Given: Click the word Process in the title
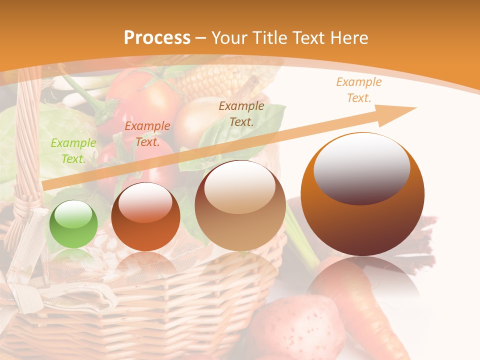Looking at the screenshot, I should [157, 38].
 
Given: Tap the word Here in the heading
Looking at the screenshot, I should [349, 38].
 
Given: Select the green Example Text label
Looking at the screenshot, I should [73, 151].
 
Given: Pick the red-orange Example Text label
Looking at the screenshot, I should [147, 134].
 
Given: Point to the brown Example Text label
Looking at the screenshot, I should [241, 113].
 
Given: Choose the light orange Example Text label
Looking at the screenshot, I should [358, 90].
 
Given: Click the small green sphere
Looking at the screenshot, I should [73, 223].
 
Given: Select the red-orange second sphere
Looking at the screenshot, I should [145, 216].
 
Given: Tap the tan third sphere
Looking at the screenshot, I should [240, 205].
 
